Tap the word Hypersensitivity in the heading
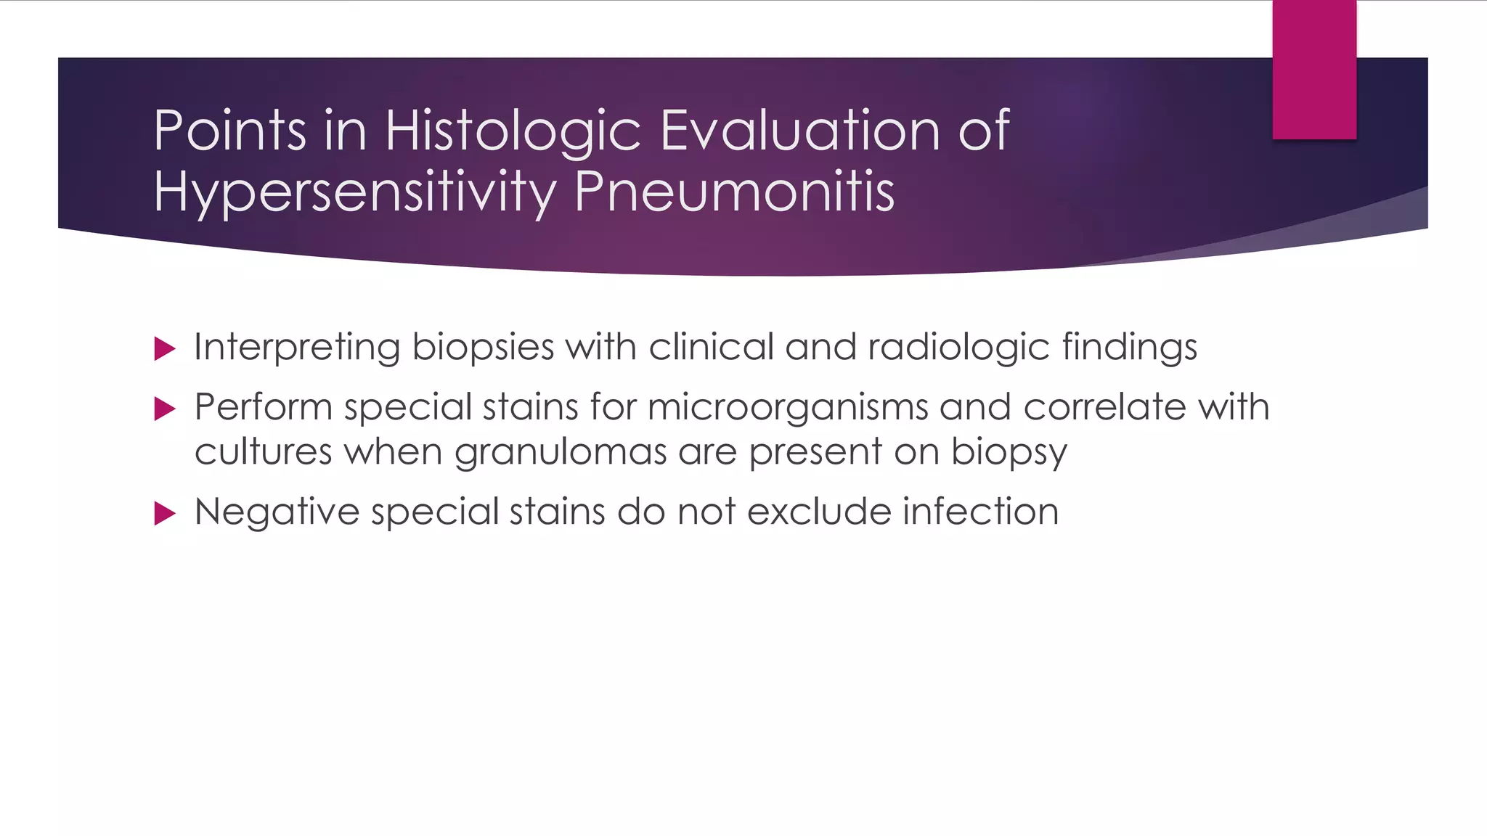(355, 192)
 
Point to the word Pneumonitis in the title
(734, 192)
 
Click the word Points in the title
(229, 131)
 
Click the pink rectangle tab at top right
(1314, 70)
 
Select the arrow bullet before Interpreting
(166, 349)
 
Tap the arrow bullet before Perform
(166, 409)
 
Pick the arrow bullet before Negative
(166, 514)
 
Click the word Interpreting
(297, 348)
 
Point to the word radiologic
(958, 348)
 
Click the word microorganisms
(788, 407)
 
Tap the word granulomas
(561, 453)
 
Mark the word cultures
(264, 452)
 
